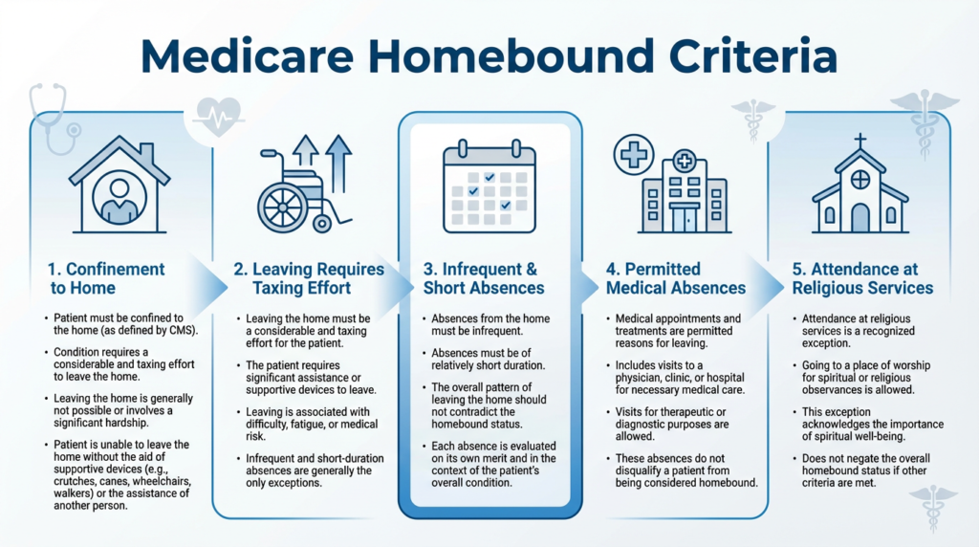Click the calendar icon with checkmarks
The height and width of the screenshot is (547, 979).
pyautogui.click(x=489, y=186)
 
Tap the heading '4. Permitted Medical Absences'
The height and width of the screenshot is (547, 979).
pyautogui.click(x=675, y=278)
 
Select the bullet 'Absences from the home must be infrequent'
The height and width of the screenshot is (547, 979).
pyautogui.click(x=491, y=325)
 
